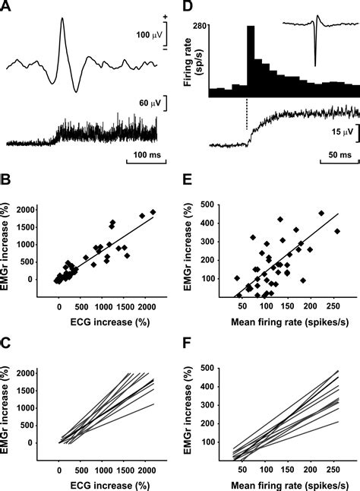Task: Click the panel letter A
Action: (7, 7)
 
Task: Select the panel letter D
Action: (188, 7)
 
